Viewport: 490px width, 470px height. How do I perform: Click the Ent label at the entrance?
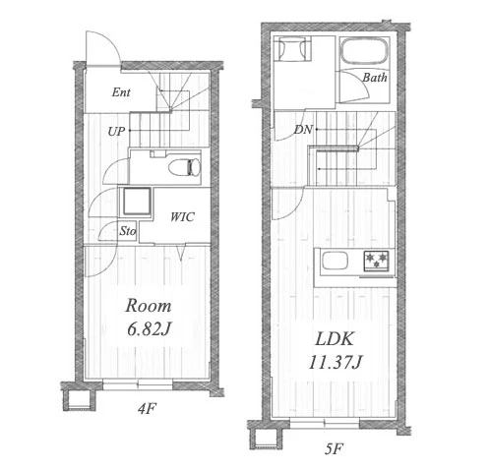(121, 92)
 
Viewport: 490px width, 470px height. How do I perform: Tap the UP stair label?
(116, 132)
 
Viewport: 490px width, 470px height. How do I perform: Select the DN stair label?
(303, 130)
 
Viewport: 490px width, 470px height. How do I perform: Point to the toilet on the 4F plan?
(185, 167)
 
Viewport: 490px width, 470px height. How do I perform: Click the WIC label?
(182, 217)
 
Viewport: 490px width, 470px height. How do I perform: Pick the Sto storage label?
(127, 231)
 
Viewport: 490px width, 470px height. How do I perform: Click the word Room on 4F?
(149, 306)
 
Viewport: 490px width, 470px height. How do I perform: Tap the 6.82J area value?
(150, 329)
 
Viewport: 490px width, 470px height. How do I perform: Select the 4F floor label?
(147, 409)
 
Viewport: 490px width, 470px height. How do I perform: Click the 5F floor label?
(334, 448)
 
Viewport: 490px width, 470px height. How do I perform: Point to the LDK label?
(335, 339)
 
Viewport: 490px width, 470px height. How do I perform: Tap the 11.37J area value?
(336, 363)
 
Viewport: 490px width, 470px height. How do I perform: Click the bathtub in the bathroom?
(364, 52)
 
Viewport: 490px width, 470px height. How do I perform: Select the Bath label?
(375, 78)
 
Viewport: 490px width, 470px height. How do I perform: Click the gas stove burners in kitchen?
(376, 261)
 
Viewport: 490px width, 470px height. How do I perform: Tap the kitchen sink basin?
(335, 261)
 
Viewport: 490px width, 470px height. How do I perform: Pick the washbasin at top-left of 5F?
(292, 49)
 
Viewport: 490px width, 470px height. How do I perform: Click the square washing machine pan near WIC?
(137, 202)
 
